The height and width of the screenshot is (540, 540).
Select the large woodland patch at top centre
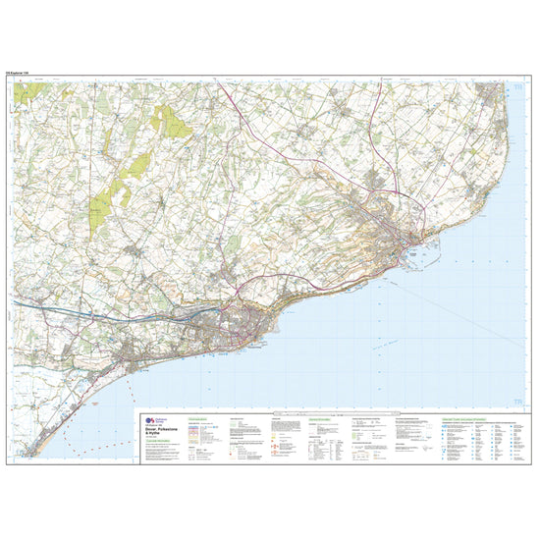pyautogui.click(x=171, y=122)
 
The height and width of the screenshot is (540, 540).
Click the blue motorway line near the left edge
pyautogui.click(x=39, y=307)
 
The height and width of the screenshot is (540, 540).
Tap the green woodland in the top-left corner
pyautogui.click(x=34, y=91)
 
